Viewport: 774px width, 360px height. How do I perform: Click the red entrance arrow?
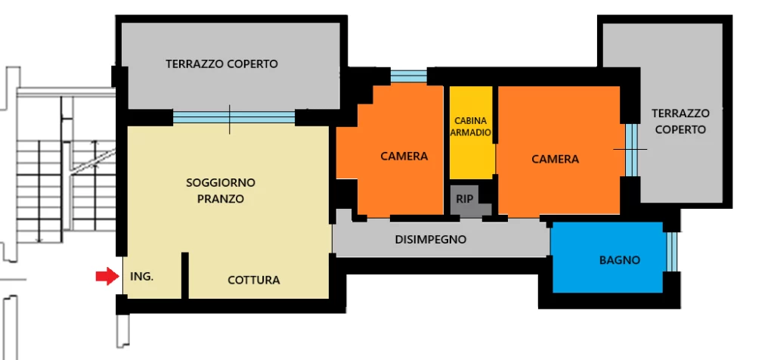click(107, 276)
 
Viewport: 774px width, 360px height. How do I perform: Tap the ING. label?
click(141, 277)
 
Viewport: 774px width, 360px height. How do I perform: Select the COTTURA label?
click(254, 281)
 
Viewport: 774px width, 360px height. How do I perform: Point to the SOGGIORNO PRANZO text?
click(221, 191)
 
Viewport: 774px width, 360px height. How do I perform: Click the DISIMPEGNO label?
click(431, 240)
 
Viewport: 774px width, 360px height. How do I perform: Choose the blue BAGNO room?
click(607, 257)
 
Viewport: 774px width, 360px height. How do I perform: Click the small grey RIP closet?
click(465, 200)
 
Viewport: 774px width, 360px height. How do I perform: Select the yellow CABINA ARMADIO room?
click(471, 132)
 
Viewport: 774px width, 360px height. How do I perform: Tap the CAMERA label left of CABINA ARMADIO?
click(404, 157)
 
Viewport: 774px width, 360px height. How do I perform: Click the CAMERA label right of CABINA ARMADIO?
click(556, 160)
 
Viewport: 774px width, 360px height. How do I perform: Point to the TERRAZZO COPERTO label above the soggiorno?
click(221, 64)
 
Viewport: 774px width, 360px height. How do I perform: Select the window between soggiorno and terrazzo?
click(234, 117)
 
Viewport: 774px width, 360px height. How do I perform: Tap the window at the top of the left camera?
click(409, 76)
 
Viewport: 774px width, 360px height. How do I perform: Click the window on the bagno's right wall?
click(672, 251)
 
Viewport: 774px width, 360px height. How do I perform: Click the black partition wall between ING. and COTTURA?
click(184, 275)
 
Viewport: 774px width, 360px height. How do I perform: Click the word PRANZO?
click(221, 200)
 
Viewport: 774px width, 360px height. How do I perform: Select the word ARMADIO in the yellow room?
click(471, 133)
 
